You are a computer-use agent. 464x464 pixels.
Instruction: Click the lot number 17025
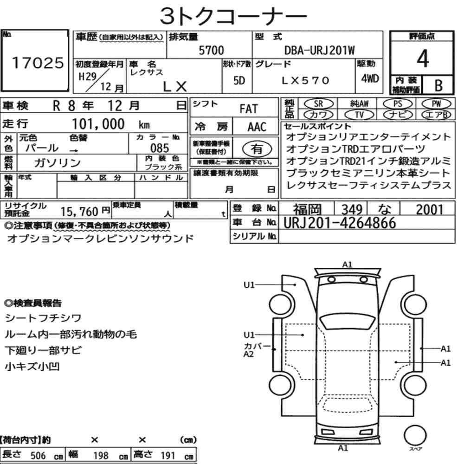click(38, 63)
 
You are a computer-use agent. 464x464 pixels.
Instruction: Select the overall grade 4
click(423, 58)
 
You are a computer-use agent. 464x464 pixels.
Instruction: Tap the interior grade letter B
click(438, 85)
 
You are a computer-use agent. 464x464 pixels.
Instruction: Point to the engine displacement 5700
click(211, 50)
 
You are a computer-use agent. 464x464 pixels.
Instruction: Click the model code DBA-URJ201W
click(319, 50)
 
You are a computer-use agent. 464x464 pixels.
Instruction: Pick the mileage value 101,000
click(98, 124)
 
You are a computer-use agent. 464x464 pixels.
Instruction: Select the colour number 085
click(160, 148)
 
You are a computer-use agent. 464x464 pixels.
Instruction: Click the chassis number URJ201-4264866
click(340, 223)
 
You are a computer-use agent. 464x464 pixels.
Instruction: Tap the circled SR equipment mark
click(318, 103)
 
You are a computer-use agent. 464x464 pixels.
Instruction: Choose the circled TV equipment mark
click(359, 115)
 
